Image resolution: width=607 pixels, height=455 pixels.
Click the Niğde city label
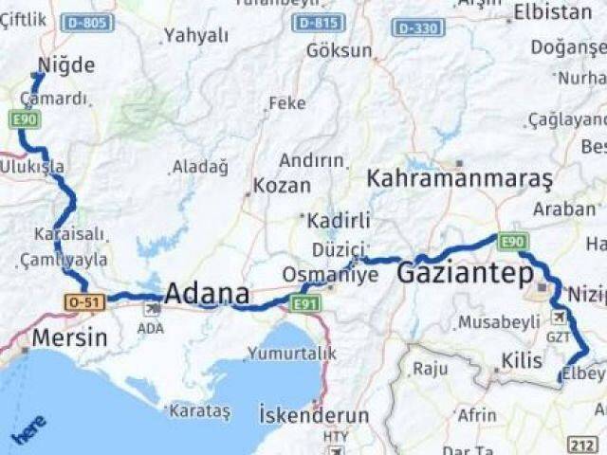click(x=66, y=65)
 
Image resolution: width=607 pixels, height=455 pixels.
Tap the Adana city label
click(x=207, y=293)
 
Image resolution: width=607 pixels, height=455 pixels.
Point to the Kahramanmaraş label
click(x=459, y=178)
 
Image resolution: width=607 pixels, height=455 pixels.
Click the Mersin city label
click(x=69, y=337)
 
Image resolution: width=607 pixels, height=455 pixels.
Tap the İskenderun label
click(x=313, y=415)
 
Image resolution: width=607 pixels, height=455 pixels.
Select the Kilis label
click(x=521, y=361)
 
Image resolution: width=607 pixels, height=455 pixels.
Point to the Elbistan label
click(x=550, y=13)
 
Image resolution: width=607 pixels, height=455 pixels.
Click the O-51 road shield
click(x=83, y=301)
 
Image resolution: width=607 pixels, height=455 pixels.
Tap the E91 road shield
click(x=306, y=303)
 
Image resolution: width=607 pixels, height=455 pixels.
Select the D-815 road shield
click(x=318, y=23)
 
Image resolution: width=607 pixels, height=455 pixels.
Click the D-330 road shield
click(x=417, y=27)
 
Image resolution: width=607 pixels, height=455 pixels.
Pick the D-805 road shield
click(x=86, y=21)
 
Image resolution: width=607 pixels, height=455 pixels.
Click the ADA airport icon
click(x=152, y=309)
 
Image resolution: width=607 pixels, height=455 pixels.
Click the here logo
click(x=28, y=432)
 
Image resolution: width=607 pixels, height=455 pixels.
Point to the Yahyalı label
click(x=196, y=36)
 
